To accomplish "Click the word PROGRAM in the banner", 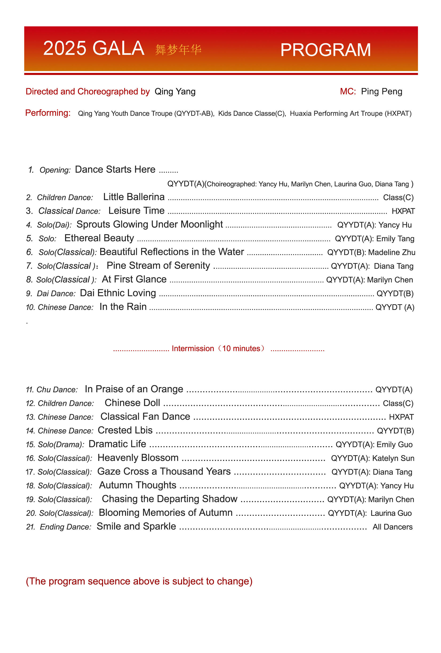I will [x=325, y=50].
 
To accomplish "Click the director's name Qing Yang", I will [x=175, y=91].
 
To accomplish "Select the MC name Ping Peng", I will [x=381, y=91].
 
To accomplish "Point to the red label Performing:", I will [x=48, y=113].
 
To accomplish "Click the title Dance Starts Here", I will [x=115, y=169].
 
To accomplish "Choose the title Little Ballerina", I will [x=134, y=197].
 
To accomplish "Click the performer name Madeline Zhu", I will [x=391, y=252].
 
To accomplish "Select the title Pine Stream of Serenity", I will [x=158, y=265].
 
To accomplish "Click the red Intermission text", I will [x=218, y=349].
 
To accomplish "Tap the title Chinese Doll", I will [x=132, y=403].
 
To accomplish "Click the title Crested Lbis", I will [x=125, y=430].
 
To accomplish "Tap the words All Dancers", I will [x=392, y=527].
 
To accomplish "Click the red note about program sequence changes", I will [x=139, y=581].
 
